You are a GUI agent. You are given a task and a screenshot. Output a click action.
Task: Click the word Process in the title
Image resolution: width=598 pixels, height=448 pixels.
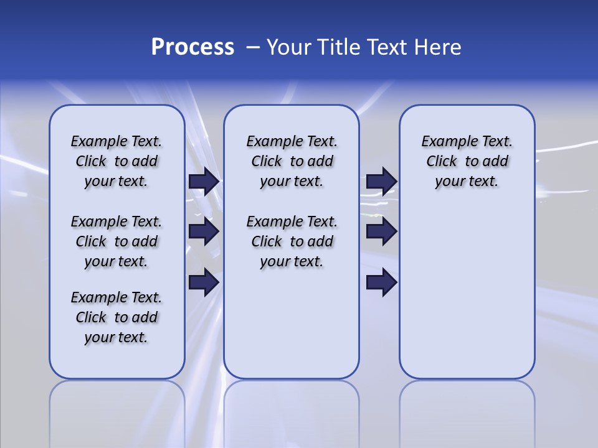tap(192, 47)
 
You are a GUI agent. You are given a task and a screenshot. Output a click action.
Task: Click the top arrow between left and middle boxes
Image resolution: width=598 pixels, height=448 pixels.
tap(204, 181)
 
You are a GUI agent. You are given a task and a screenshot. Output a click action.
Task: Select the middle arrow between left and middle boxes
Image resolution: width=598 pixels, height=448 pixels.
tap(204, 231)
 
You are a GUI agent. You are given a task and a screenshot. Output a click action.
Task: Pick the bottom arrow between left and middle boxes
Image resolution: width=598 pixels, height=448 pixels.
tap(204, 282)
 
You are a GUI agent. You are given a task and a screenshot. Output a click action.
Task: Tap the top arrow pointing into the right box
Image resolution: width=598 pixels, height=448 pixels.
tap(381, 181)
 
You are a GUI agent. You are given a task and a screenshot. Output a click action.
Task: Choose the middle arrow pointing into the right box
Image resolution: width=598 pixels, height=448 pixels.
tap(381, 231)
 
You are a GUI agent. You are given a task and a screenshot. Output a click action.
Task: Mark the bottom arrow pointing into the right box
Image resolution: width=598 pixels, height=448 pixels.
tap(381, 282)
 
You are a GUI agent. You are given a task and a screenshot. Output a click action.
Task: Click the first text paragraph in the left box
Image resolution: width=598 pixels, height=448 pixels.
tap(116, 161)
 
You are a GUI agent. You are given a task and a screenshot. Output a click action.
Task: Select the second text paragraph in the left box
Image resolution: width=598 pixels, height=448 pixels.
tap(116, 241)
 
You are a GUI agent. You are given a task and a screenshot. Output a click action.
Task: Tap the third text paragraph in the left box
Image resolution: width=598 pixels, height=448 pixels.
tap(116, 317)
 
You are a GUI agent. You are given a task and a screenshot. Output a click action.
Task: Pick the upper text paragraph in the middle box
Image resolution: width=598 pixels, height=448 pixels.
tap(292, 161)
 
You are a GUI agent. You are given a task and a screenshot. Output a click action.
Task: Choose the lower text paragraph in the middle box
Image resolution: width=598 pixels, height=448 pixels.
tap(292, 241)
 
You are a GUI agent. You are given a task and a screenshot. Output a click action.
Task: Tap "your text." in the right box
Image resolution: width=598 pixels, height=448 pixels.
tap(467, 182)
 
